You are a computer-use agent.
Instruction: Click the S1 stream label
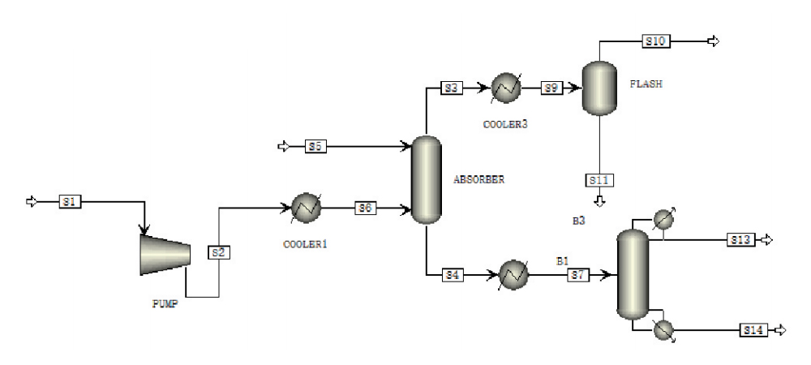pos(71,202)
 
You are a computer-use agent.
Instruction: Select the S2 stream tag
pos(217,251)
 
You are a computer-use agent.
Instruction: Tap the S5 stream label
pos(316,147)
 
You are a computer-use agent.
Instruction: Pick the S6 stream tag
pos(366,208)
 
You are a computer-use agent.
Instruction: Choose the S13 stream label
pos(740,240)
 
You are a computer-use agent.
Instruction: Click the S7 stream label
pos(577,275)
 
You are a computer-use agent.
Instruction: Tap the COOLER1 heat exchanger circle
pos(307,208)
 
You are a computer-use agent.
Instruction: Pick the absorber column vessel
pos(425,179)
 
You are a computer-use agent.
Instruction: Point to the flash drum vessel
pos(599,87)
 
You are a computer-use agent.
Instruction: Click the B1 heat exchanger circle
pos(513,275)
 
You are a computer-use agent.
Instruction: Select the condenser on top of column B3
pos(663,220)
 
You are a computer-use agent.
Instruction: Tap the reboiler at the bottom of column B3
pos(663,329)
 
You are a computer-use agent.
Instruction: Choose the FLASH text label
pos(646,83)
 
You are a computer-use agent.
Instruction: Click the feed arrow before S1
pos(32,202)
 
